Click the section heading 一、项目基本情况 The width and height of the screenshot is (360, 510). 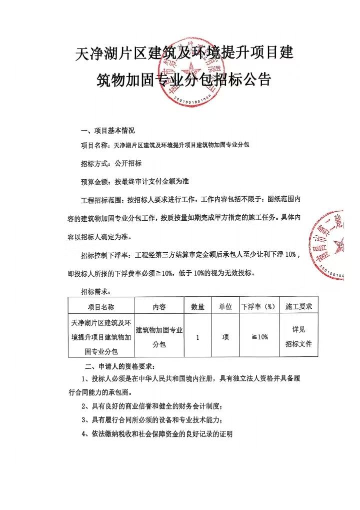(x=107, y=132)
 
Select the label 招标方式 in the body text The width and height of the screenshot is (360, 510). (x=95, y=163)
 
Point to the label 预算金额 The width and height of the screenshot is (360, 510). (x=95, y=181)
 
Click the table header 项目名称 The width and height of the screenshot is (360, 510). (x=101, y=306)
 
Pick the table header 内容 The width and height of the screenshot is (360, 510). (x=159, y=306)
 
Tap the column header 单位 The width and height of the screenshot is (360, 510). (x=225, y=306)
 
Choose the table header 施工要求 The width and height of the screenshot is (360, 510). (x=298, y=306)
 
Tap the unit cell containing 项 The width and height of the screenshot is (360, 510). (x=225, y=337)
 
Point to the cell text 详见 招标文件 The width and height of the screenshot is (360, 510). (x=298, y=336)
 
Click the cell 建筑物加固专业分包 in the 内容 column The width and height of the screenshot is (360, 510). (x=159, y=337)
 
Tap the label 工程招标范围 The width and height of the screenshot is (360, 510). (x=101, y=200)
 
